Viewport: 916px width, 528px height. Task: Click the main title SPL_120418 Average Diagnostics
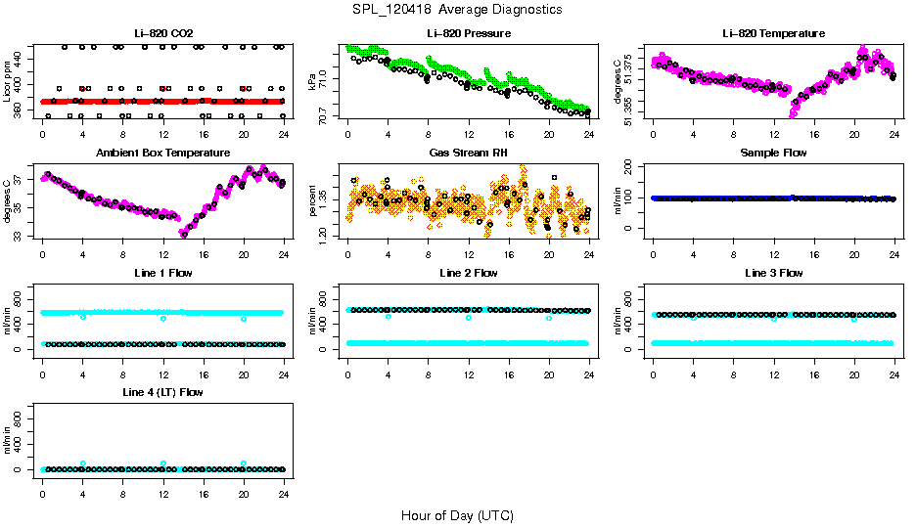click(458, 9)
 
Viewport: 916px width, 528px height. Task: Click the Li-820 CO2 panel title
click(162, 34)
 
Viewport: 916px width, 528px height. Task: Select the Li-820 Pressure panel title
click(469, 34)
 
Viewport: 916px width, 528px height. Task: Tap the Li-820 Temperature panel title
click(773, 34)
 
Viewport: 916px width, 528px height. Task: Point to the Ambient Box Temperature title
click(162, 154)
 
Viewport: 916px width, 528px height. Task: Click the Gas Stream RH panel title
click(469, 154)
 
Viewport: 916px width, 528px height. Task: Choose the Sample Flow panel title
click(773, 154)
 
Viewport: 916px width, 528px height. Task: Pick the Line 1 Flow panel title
click(162, 273)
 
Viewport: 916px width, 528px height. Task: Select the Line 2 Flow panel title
click(469, 273)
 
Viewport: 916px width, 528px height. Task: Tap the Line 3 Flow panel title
click(773, 273)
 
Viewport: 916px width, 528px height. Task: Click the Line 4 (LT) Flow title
click(162, 392)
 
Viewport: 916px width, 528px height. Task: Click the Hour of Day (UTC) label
click(457, 515)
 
